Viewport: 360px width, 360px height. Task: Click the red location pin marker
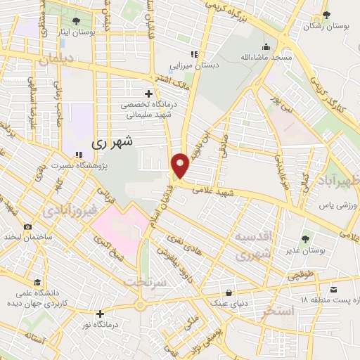(181, 166)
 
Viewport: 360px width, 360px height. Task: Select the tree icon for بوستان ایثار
(76, 20)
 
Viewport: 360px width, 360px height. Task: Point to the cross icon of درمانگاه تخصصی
(148, 93)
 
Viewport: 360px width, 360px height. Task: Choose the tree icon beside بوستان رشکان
(325, 16)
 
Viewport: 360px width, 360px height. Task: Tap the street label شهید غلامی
(212, 191)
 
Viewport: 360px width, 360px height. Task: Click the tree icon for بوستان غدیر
(305, 240)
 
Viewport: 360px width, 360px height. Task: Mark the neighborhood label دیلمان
(57, 60)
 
